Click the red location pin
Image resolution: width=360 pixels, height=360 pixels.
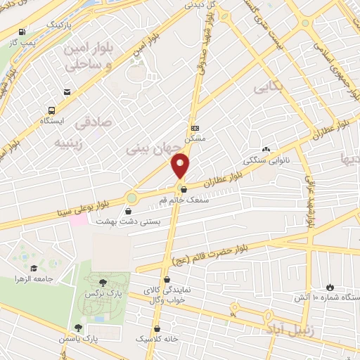coord(181,166)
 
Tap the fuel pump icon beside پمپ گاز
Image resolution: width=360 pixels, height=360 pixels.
coord(23,32)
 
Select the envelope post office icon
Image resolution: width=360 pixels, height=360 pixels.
coord(67,91)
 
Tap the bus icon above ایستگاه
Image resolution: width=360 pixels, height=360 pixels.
coord(51,110)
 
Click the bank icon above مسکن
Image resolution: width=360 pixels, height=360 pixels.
coord(195,128)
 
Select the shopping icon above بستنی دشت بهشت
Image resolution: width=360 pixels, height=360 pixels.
coord(129,210)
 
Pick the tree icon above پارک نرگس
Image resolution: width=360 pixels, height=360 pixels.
coord(105,281)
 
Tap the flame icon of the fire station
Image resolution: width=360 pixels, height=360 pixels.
coord(330,288)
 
